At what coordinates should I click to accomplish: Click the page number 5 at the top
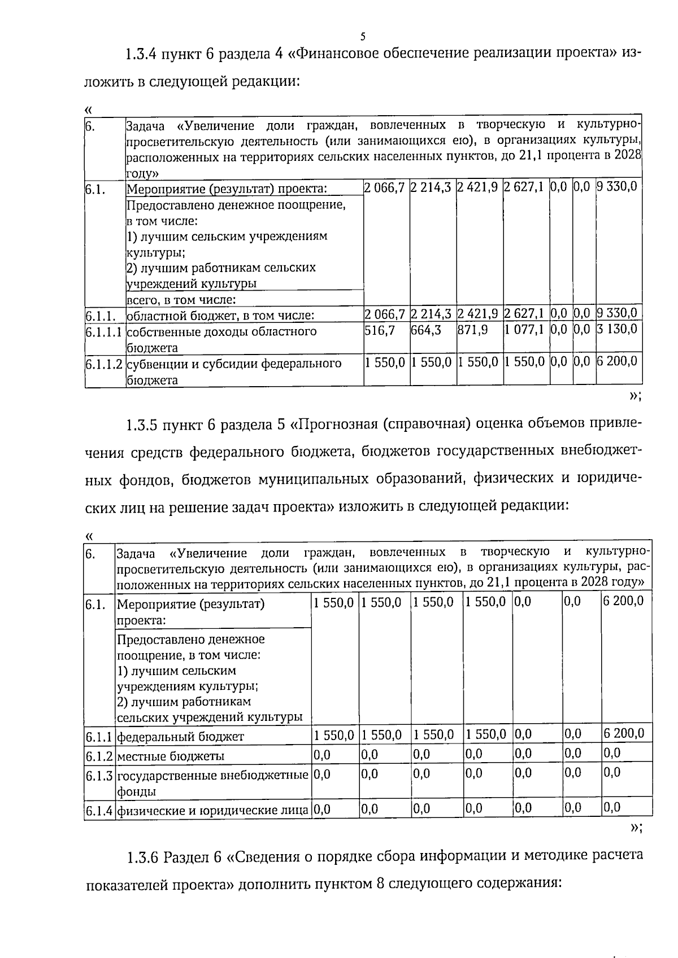coord(363,37)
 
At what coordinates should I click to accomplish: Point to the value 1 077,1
coord(524,329)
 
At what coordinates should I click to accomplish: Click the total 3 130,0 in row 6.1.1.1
coord(617,329)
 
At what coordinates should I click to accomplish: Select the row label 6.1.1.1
coord(105,331)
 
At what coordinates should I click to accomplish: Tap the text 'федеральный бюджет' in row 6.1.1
coord(180,736)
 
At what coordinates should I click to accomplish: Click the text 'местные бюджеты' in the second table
coord(170,756)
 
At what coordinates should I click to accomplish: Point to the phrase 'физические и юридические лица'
coord(213,811)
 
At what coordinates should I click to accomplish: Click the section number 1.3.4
coord(141,55)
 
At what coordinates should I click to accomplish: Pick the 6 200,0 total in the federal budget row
coord(623,734)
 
